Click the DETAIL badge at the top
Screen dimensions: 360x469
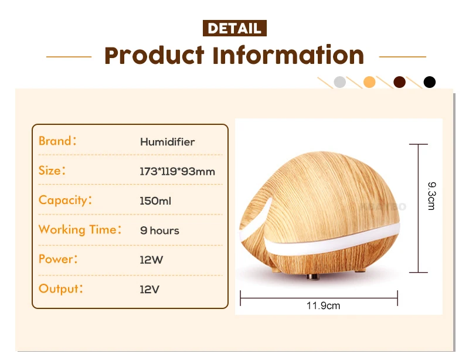(235, 28)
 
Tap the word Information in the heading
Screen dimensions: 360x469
(288, 56)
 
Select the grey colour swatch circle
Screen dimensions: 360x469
(339, 82)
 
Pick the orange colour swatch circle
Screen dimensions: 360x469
(369, 82)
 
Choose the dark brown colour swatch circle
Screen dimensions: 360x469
(400, 82)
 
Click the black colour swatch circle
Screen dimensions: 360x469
(430, 82)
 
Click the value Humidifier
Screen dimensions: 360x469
(167, 142)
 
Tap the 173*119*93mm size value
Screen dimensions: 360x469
(177, 172)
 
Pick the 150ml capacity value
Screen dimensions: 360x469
(155, 201)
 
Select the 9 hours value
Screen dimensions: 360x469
(159, 230)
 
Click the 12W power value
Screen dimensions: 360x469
(151, 260)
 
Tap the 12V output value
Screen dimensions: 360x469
(149, 289)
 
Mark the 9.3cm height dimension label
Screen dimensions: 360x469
(431, 196)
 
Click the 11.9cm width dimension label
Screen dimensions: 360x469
(323, 305)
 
